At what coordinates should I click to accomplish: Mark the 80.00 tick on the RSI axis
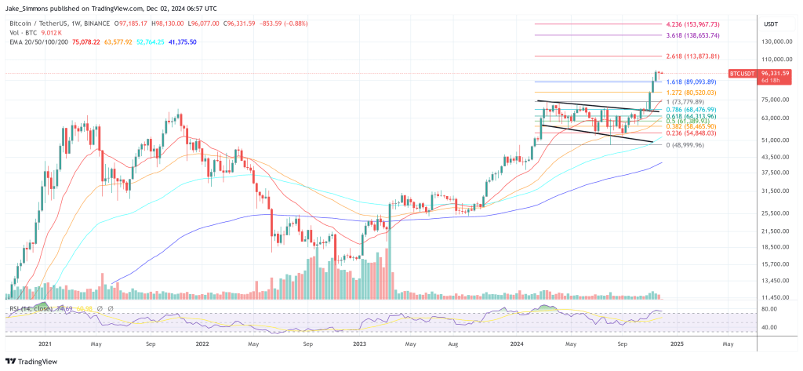point(769,309)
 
